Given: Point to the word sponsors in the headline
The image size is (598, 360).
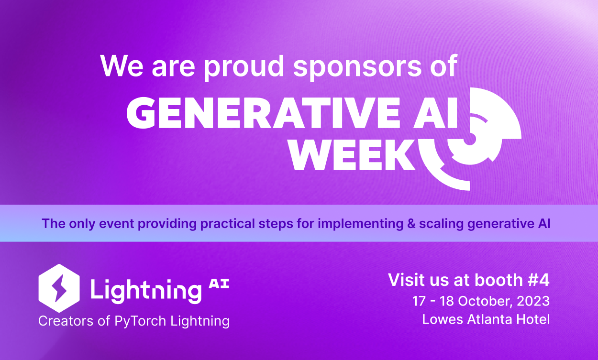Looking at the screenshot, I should pyautogui.click(x=356, y=66).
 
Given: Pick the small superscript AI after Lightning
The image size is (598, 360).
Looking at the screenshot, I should pyautogui.click(x=219, y=284).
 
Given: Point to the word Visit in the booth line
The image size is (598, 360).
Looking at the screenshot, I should pyautogui.click(x=405, y=280).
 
